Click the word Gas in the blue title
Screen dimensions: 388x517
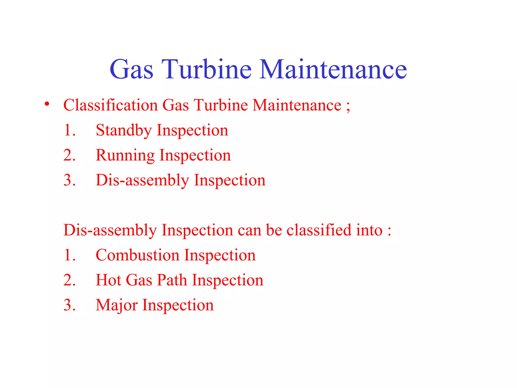coord(131,69)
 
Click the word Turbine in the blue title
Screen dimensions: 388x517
coord(206,69)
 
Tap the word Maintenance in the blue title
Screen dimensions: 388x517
coord(333,69)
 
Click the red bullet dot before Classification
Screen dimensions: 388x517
coord(47,104)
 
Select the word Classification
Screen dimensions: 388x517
coord(111,105)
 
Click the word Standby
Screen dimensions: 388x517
coord(124,131)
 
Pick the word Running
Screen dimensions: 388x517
coord(125,156)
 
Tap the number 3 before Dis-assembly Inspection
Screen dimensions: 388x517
coord(69,180)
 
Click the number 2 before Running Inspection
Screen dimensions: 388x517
coord(69,155)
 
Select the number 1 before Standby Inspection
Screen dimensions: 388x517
coord(69,130)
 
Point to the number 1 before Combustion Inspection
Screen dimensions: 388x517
coord(69,255)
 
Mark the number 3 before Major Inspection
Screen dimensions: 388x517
coord(69,305)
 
